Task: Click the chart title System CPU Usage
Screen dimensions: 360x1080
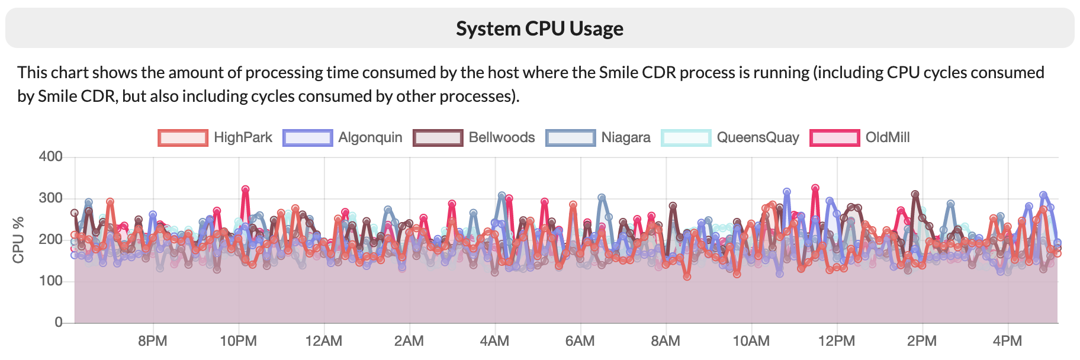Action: pyautogui.click(x=539, y=28)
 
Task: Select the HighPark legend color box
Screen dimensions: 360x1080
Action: pyautogui.click(x=183, y=138)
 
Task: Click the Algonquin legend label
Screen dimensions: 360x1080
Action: pyautogui.click(x=370, y=138)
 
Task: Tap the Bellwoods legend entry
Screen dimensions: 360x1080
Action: pyautogui.click(x=502, y=138)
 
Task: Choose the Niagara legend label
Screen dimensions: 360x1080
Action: pyautogui.click(x=625, y=138)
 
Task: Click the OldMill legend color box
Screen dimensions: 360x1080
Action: pyautogui.click(x=834, y=138)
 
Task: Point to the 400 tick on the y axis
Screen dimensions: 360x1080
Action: pyautogui.click(x=50, y=157)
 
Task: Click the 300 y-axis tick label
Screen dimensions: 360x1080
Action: pyautogui.click(x=50, y=198)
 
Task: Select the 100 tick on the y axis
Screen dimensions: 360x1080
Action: pyautogui.click(x=50, y=281)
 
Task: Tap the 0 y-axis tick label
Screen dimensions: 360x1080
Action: pyautogui.click(x=58, y=323)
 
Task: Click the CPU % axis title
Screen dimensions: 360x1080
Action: pyautogui.click(x=18, y=240)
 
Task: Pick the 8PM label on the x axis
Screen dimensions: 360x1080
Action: pyautogui.click(x=153, y=342)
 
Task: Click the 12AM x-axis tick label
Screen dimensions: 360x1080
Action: pyautogui.click(x=323, y=342)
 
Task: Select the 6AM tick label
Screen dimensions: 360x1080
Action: pyautogui.click(x=580, y=342)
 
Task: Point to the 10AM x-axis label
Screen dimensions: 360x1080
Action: pyautogui.click(x=751, y=342)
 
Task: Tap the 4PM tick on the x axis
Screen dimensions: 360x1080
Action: pyautogui.click(x=1007, y=342)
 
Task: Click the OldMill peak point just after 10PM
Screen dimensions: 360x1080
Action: pyautogui.click(x=245, y=189)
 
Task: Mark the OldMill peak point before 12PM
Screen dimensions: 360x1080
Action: pyautogui.click(x=815, y=188)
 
